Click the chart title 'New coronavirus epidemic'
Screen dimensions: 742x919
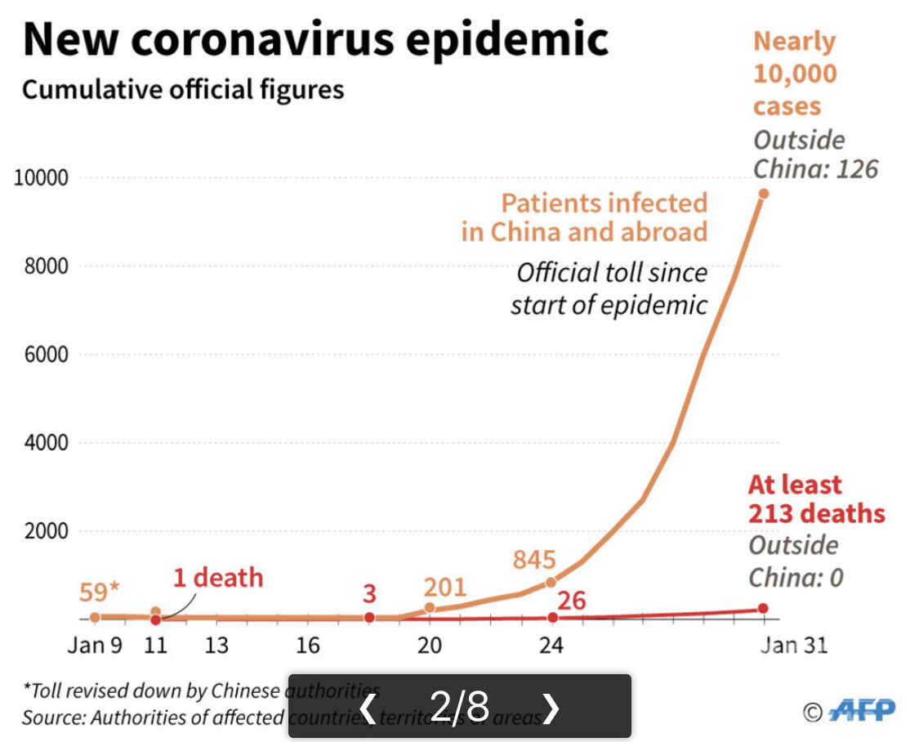click(x=315, y=41)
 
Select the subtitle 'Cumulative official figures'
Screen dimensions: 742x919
click(x=183, y=89)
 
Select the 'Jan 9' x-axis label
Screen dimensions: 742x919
click(x=95, y=646)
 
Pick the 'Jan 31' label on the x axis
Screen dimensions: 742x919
click(x=793, y=646)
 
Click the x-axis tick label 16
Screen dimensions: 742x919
click(x=307, y=646)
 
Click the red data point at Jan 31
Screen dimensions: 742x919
click(x=763, y=609)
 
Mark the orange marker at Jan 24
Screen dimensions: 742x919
click(x=551, y=582)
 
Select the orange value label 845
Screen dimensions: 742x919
click(x=534, y=561)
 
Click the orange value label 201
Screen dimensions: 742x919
click(x=444, y=587)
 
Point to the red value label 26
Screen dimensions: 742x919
click(x=572, y=601)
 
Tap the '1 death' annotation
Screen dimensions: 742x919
click(x=218, y=578)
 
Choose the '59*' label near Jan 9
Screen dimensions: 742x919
click(x=100, y=591)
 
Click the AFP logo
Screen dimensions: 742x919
click(x=862, y=710)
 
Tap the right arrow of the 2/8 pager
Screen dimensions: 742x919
click(x=551, y=708)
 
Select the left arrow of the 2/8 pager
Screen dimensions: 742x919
click(x=368, y=708)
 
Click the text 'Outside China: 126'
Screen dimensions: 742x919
click(x=814, y=154)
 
